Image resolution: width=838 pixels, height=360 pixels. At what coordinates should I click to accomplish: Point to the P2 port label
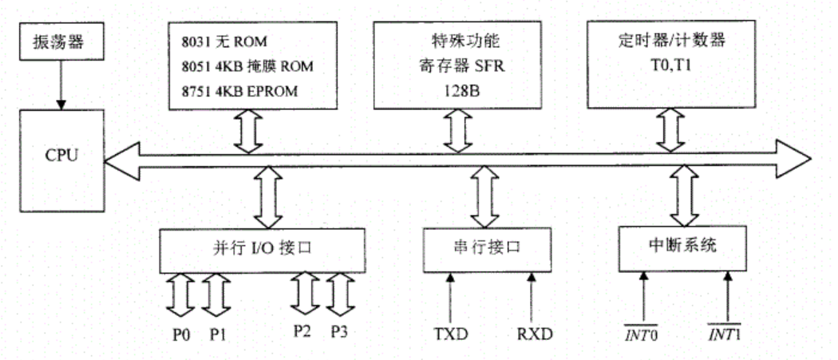(302, 330)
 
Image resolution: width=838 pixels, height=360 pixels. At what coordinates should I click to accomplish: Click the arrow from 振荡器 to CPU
(57, 85)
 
